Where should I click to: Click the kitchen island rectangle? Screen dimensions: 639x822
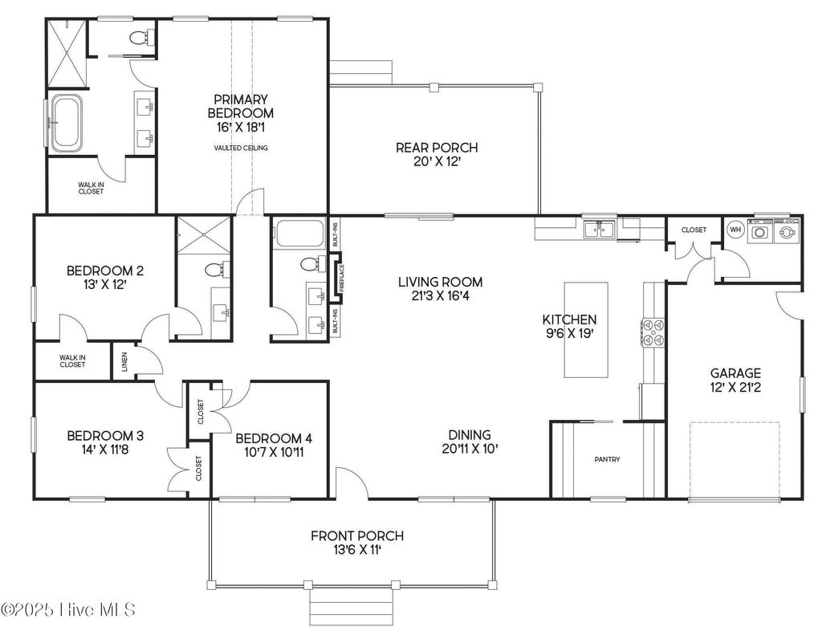point(586,329)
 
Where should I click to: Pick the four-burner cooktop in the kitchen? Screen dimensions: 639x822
point(652,332)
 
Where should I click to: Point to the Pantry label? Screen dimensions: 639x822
point(607,459)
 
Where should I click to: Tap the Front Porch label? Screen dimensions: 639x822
point(357,543)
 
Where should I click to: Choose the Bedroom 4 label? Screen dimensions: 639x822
point(273,446)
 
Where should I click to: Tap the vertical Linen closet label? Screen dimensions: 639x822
point(124,363)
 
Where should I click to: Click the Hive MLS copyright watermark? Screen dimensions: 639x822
point(68,609)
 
